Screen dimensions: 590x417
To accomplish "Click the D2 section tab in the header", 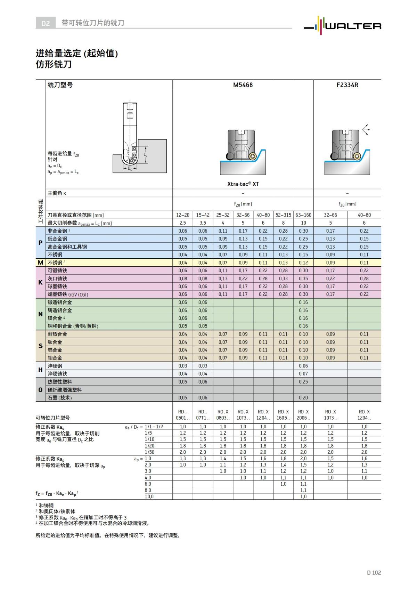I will (46, 23).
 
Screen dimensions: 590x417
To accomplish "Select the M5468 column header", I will (243, 85).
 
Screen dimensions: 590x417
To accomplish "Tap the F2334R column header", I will (347, 85).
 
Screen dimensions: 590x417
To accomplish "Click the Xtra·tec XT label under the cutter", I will (243, 184).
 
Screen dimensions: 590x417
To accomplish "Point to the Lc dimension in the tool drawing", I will (146, 155).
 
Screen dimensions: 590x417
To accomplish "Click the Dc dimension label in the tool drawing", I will (130, 169).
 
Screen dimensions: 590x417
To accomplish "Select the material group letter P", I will (40, 243).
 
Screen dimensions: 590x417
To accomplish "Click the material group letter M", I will (40, 263).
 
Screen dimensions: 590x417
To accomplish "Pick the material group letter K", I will (40, 282).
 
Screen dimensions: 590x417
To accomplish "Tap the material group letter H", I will (40, 370).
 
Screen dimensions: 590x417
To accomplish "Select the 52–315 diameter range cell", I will (283, 215).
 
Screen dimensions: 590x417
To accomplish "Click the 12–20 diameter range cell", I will (182, 215).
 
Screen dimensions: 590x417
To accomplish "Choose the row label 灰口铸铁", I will (57, 278).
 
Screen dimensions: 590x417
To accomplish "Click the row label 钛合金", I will (55, 342).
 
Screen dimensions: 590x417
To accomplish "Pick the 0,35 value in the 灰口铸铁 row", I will (303, 278).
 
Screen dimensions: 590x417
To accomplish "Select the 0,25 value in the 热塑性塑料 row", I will (303, 382).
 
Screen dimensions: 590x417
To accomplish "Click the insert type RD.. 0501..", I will (182, 415).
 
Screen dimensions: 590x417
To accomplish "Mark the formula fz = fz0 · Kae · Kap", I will (57, 493).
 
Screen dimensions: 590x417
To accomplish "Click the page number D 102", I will (374, 573).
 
